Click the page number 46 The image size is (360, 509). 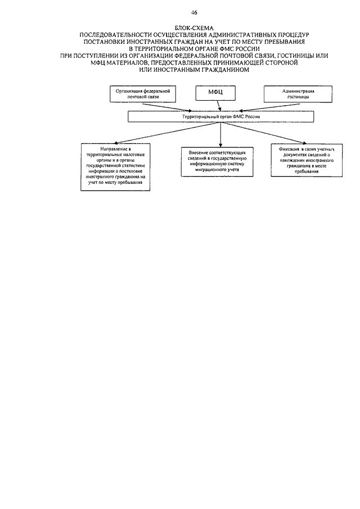click(x=194, y=13)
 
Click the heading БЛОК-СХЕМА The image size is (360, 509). click(x=194, y=29)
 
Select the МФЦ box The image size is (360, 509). click(x=215, y=93)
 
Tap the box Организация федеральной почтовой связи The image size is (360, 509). click(x=143, y=94)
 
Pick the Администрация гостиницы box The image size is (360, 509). click(x=298, y=94)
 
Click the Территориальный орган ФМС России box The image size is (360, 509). click(x=220, y=116)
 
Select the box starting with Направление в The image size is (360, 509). click(x=115, y=167)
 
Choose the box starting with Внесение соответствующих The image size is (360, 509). click(x=217, y=161)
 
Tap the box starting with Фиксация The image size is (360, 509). click(x=307, y=160)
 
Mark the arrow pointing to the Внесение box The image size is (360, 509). click(x=220, y=134)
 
